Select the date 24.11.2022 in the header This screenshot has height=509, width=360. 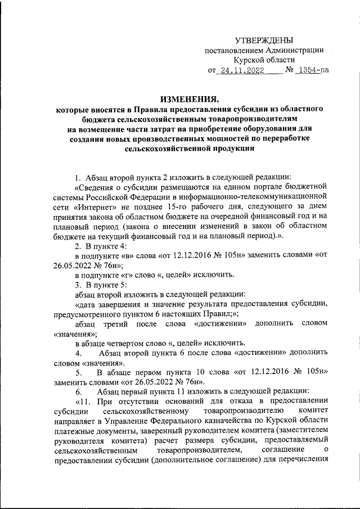(x=241, y=71)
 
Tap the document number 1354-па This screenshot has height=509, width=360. (x=313, y=71)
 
